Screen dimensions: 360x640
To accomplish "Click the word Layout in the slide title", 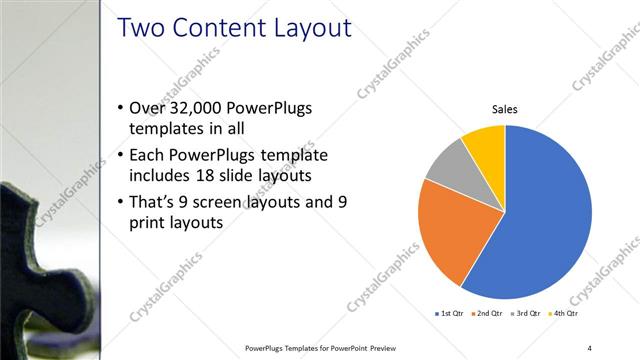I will tap(306, 28).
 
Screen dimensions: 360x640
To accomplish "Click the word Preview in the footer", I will tap(376, 347).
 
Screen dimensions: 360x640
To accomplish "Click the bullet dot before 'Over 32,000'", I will tap(120, 108).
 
